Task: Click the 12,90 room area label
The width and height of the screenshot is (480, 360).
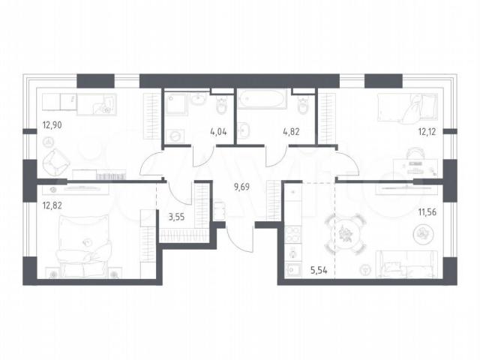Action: pos(52,125)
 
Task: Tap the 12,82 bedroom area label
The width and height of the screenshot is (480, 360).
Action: pos(52,205)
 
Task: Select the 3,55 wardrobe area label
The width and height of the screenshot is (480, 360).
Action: pos(177,217)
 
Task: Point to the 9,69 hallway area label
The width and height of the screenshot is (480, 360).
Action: pos(241,187)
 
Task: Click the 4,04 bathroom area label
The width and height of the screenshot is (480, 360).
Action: pos(218,132)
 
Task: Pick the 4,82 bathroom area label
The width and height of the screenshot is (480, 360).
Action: pos(291,132)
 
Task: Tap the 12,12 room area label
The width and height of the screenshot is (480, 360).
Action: pos(427,132)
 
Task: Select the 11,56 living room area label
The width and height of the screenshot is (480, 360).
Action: pos(427,211)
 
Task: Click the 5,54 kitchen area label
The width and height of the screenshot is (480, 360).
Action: pos(319,270)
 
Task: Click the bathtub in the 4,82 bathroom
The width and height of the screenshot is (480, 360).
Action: pos(262,98)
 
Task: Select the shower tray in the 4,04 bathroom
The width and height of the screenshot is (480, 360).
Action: pos(176,103)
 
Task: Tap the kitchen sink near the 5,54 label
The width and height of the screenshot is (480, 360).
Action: pos(293,271)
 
